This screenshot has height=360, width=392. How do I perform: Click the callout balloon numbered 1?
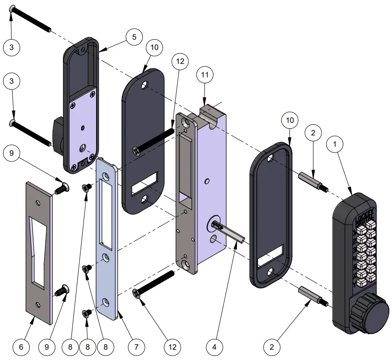(335, 145)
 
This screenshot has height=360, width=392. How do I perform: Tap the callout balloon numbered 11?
(204, 76)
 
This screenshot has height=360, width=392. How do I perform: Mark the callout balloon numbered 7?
(136, 347)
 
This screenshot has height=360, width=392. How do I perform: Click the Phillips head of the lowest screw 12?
(136, 294)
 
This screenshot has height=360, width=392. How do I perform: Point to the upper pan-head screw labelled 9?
(62, 187)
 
